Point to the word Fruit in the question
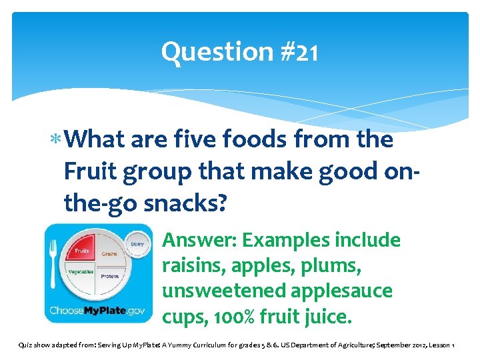[x=90, y=172]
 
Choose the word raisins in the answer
[x=193, y=265]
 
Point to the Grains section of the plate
[x=108, y=254]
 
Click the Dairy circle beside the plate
[x=137, y=245]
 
